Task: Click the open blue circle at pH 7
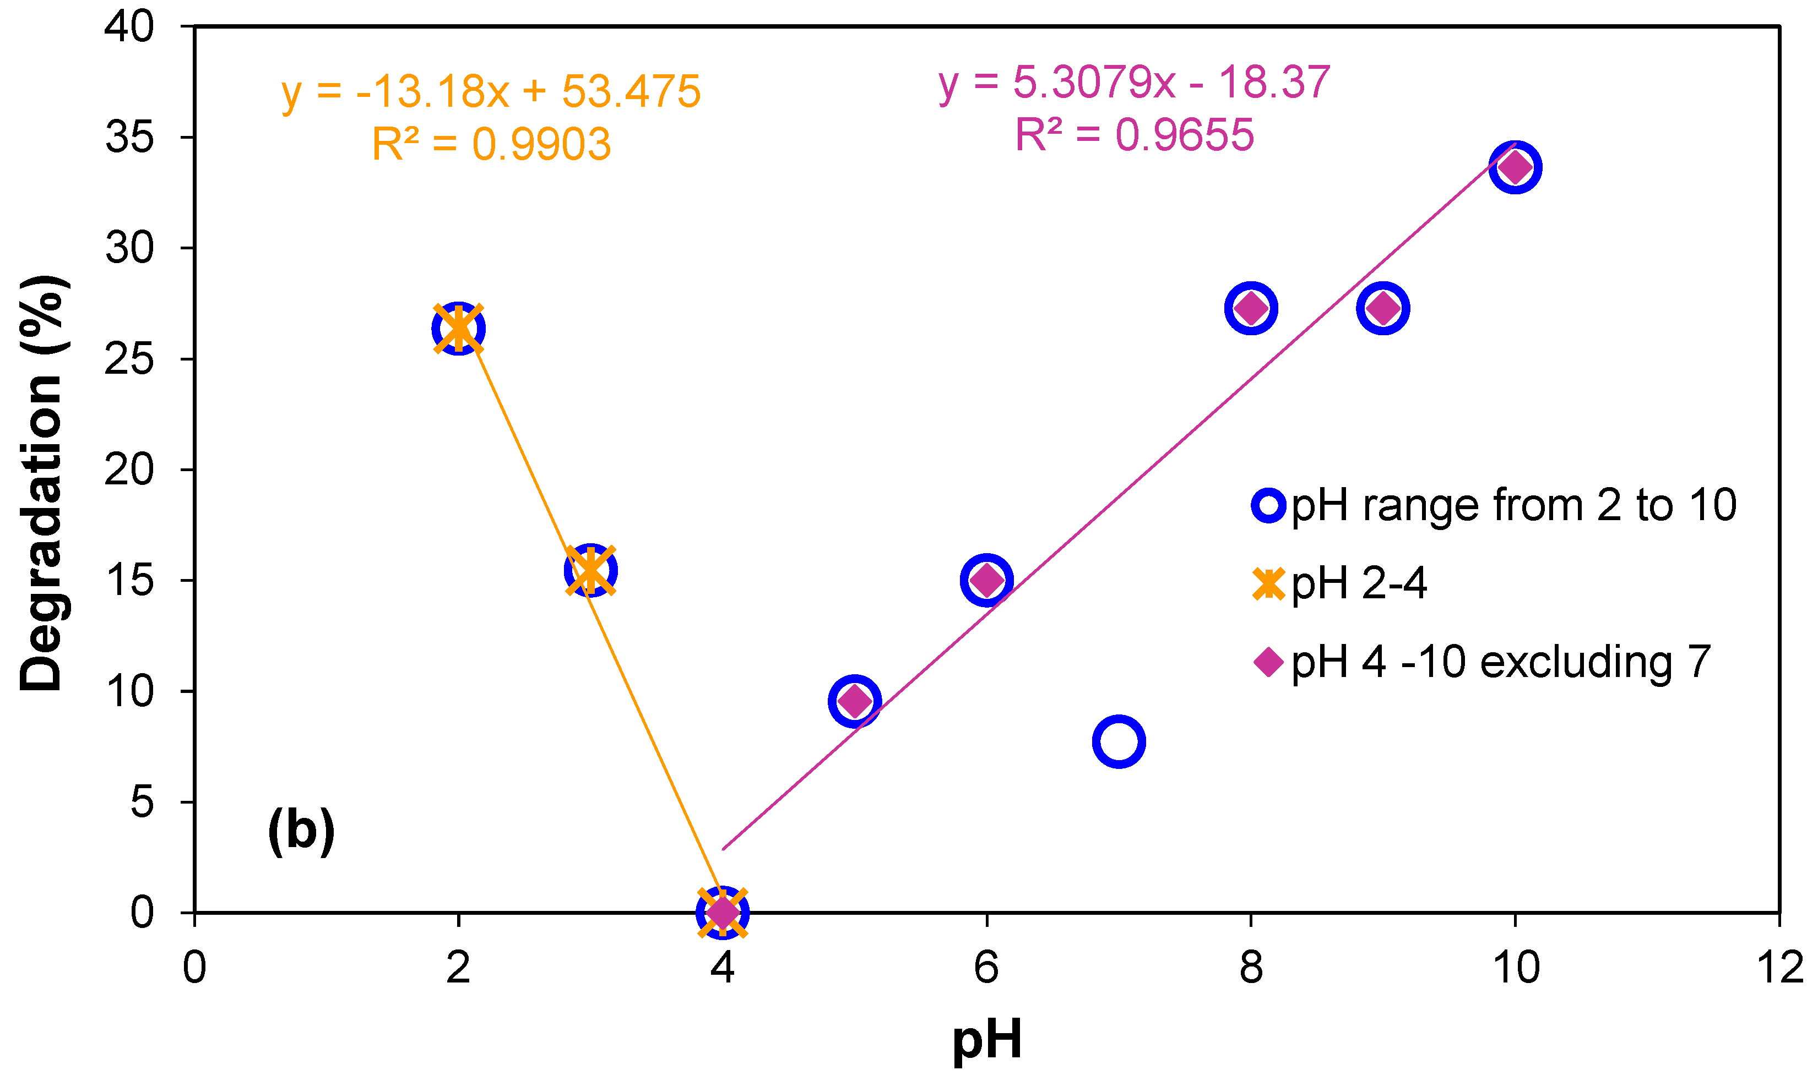(x=1119, y=741)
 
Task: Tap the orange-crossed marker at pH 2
(x=458, y=329)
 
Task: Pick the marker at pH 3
(x=591, y=570)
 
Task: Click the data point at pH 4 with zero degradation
(x=722, y=911)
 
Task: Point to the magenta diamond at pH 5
(x=855, y=701)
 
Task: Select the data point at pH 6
(x=986, y=580)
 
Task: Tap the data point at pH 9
(x=1383, y=309)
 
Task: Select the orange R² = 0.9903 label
(x=492, y=144)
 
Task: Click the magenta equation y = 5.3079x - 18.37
(x=1135, y=83)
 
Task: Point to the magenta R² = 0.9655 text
(x=1135, y=135)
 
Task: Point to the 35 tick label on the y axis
(x=130, y=138)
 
